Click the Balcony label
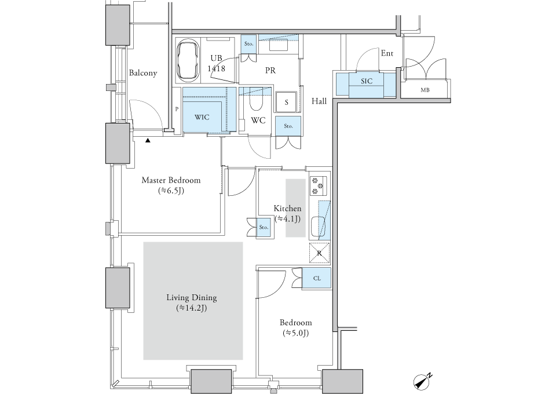142,73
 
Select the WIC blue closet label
202,117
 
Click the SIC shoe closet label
366,82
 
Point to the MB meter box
425,90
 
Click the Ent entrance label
387,53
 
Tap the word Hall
319,101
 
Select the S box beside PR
286,102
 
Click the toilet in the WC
255,103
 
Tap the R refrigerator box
319,253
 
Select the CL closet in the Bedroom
317,278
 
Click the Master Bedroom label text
171,180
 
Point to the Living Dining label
191,298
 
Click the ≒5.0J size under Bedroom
295,333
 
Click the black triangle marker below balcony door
148,140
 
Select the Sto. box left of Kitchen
264,228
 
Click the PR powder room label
270,70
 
